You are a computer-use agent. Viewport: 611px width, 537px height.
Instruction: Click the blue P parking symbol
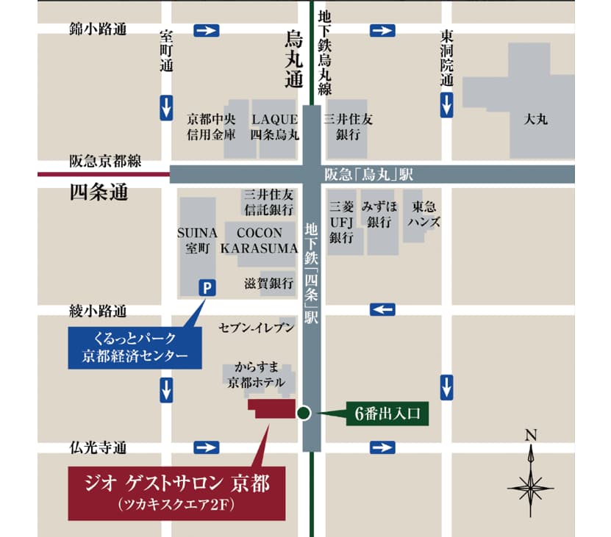[x=207, y=289]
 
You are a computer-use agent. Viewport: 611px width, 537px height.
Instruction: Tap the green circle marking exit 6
[x=304, y=413]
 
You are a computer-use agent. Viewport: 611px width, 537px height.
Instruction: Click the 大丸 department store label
[x=536, y=119]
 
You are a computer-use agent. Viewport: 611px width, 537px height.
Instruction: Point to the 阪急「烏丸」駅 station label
[x=368, y=175]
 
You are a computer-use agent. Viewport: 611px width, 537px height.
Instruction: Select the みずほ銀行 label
[x=379, y=215]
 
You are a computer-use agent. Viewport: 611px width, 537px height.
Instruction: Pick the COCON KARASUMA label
[x=259, y=239]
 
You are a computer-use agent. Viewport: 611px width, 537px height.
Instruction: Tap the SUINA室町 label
[x=197, y=239]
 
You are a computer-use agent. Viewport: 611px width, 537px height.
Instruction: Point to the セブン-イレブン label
[x=257, y=327]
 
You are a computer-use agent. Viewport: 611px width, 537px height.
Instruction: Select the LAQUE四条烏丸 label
[x=274, y=127]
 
